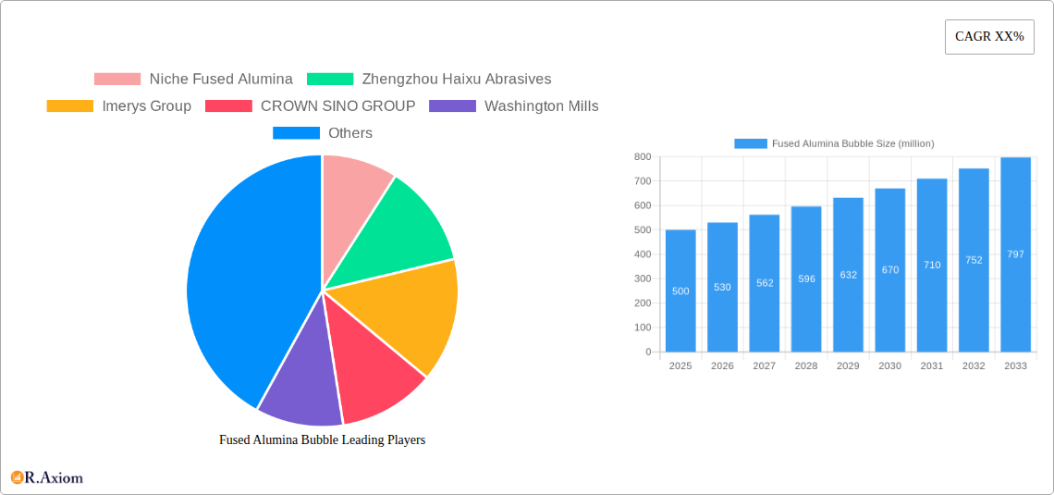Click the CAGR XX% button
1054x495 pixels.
point(988,37)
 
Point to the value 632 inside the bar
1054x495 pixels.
point(848,275)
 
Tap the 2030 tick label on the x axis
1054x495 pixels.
point(889,366)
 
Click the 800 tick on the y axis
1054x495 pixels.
point(642,157)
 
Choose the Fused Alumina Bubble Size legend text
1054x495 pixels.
point(852,143)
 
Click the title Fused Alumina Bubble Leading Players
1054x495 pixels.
point(322,440)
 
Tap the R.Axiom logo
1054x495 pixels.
point(47,477)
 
